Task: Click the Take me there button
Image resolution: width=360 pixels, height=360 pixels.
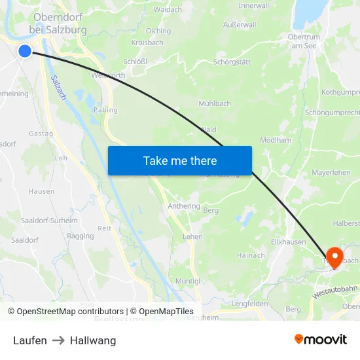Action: [179, 160]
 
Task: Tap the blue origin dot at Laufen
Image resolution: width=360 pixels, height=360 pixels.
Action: [25, 51]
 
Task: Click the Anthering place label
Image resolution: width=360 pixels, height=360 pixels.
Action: [183, 206]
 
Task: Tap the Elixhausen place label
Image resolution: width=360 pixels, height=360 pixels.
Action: [289, 242]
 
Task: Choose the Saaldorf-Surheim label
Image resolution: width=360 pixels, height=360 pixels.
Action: [50, 221]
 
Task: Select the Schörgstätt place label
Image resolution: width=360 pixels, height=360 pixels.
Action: [232, 62]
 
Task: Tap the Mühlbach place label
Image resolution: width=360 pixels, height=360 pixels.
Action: [215, 103]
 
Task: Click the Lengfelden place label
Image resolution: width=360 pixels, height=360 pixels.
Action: [249, 304]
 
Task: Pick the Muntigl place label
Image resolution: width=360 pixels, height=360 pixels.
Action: [187, 281]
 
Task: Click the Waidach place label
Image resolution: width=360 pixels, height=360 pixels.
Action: [168, 10]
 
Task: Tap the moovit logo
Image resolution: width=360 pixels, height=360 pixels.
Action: [320, 340]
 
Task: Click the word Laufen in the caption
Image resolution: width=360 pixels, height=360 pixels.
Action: [30, 340]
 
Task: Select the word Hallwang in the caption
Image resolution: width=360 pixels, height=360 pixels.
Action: [93, 340]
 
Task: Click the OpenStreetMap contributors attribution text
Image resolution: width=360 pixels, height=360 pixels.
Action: [69, 312]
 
